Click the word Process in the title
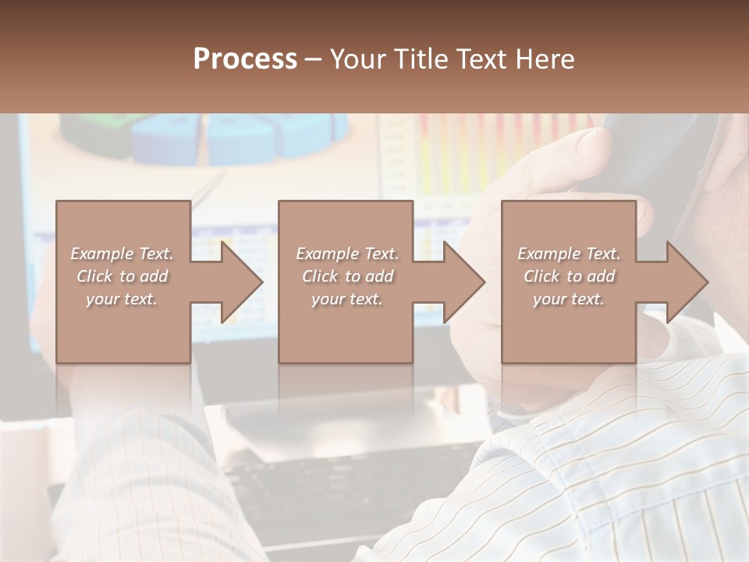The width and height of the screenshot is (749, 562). pos(245,59)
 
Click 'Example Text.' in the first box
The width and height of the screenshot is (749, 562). pos(122,254)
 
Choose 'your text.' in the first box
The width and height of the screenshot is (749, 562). pos(122,299)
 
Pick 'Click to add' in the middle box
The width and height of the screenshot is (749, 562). pos(347,276)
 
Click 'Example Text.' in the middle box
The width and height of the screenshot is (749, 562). pos(347,254)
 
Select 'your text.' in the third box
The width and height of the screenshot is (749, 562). pos(569,299)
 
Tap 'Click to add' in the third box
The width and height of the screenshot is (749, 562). pos(569,276)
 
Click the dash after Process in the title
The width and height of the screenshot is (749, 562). pos(313,59)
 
